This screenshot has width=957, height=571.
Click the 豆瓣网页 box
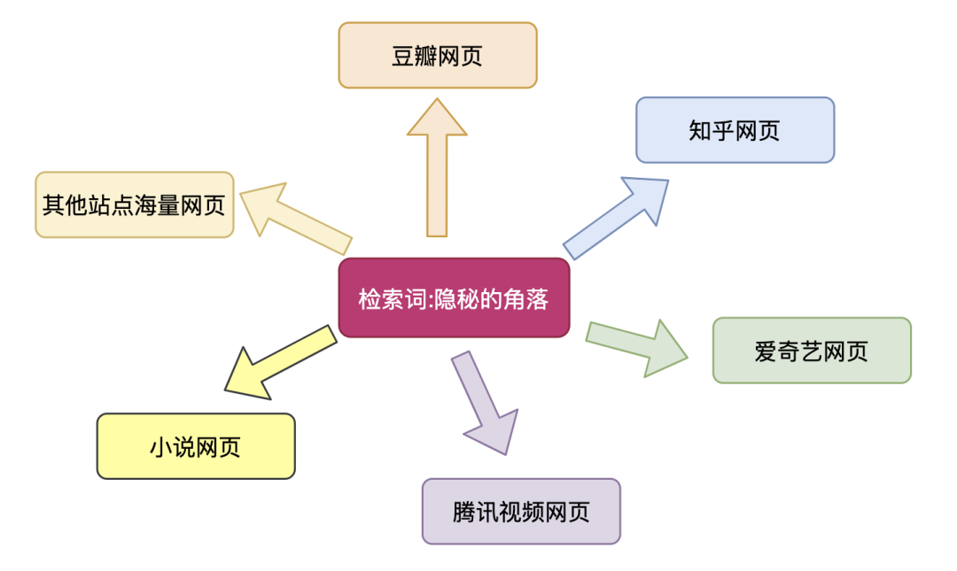438,56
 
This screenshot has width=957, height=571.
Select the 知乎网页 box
735,130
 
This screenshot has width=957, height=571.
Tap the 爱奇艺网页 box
812,351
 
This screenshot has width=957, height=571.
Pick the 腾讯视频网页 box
521,511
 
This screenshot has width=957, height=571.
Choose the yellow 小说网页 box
196,446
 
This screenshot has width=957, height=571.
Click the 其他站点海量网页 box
135,204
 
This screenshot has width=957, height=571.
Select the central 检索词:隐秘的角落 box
454,297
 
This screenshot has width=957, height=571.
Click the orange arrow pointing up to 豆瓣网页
437,168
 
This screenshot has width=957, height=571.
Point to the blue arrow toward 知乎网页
615,219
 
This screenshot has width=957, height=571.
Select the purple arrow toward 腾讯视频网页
485,403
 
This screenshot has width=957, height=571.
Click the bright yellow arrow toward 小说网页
281,362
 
